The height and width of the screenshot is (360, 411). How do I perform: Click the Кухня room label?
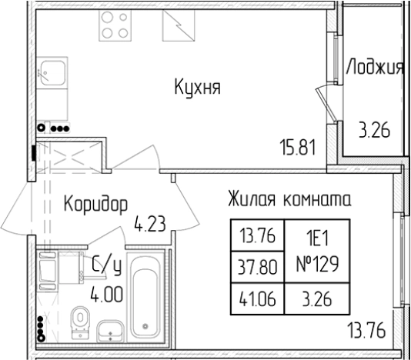tap(196, 88)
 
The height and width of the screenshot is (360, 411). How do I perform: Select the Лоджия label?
tap(375, 68)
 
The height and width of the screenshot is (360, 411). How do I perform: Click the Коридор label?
tap(95, 204)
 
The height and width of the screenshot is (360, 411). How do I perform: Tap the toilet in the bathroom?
tap(78, 321)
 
